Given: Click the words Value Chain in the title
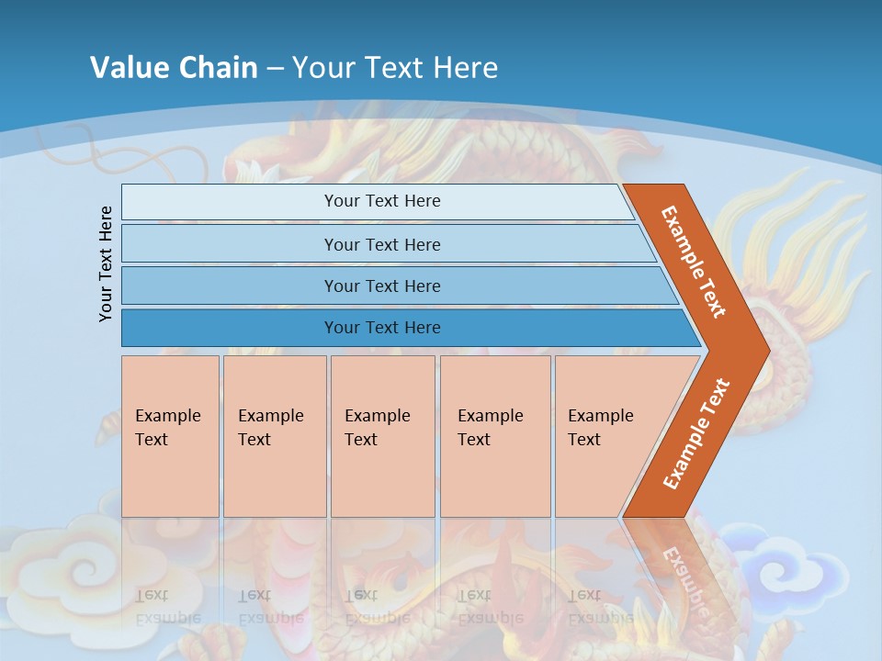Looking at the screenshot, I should [x=174, y=67].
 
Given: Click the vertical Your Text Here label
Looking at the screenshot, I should [x=106, y=263].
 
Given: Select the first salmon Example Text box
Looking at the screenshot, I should [x=170, y=436].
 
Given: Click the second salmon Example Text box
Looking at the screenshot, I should [x=275, y=436].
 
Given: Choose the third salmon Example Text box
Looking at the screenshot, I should [x=382, y=436].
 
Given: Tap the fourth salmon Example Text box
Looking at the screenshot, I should [x=495, y=436].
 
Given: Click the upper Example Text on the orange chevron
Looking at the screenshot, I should [x=694, y=262].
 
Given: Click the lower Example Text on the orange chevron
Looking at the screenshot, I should [x=696, y=434].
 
